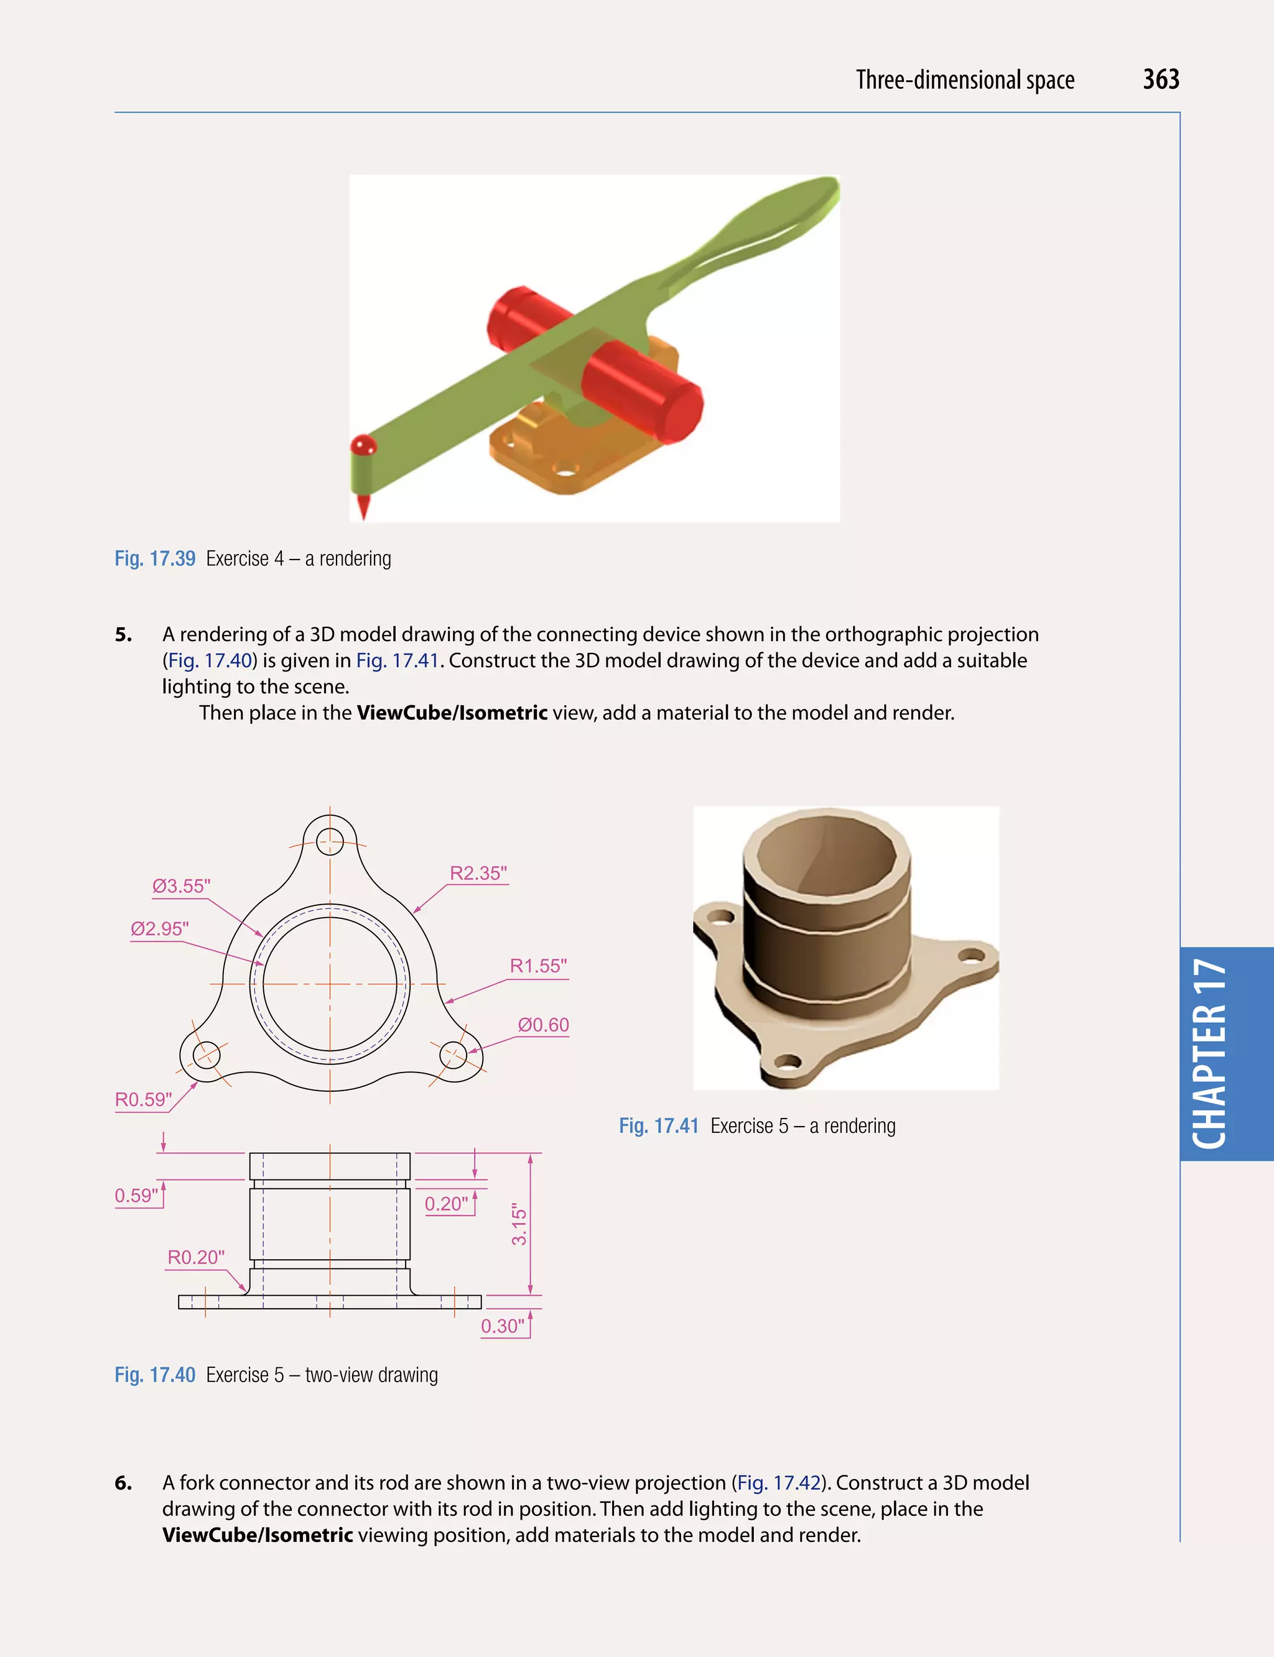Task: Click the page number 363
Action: point(1160,80)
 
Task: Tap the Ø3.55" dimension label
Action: point(181,886)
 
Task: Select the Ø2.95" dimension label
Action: point(159,928)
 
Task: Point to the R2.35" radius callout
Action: point(478,873)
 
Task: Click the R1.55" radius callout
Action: point(537,966)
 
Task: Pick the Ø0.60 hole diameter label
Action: point(543,1025)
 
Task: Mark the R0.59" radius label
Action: point(143,1099)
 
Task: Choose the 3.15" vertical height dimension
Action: point(519,1224)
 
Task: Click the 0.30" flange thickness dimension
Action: point(503,1326)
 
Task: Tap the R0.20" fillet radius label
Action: point(196,1258)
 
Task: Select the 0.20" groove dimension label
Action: point(446,1204)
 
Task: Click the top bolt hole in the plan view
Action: point(330,840)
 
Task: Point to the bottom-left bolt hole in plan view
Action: point(207,1055)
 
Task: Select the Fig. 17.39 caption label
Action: point(155,558)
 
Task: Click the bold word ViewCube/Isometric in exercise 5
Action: point(452,713)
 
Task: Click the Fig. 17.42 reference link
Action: point(779,1483)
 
